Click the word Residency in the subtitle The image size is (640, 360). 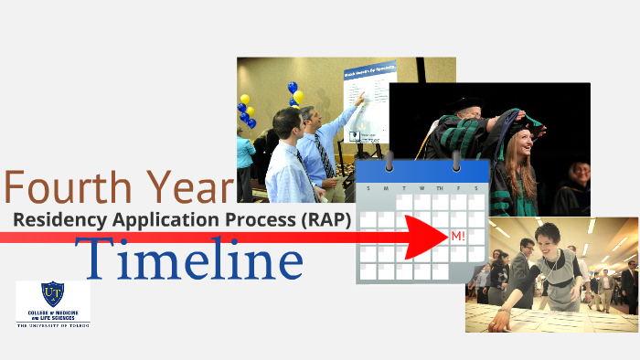tap(58, 219)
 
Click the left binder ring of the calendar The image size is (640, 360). tap(389, 162)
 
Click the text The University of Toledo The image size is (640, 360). tap(52, 323)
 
